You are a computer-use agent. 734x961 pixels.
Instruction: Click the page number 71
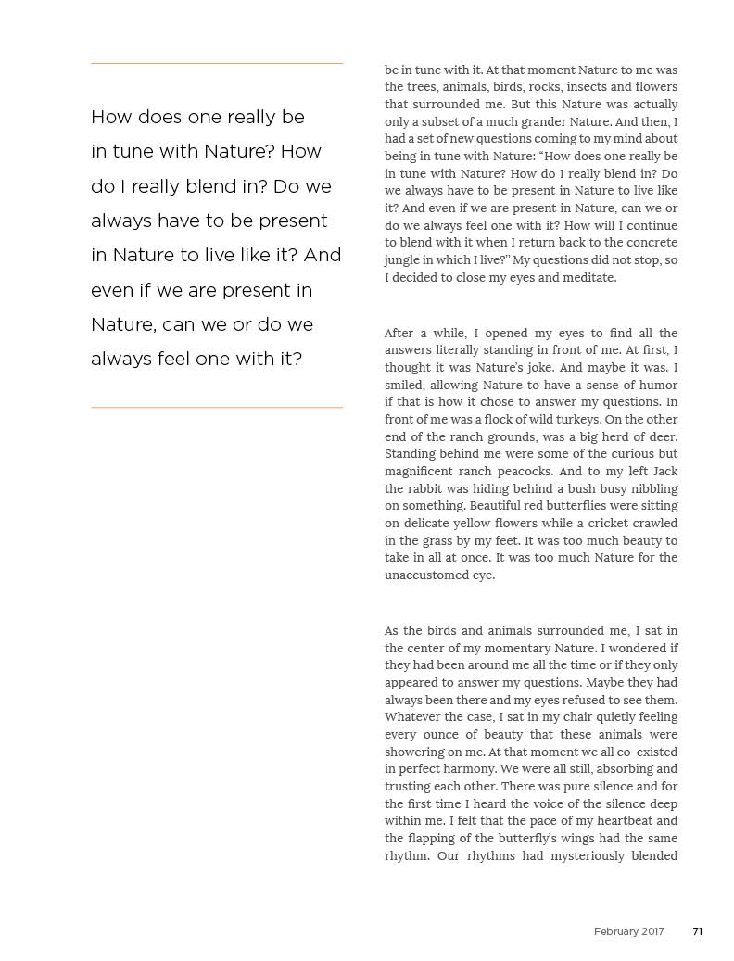point(697,931)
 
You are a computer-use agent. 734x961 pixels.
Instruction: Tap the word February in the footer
point(616,931)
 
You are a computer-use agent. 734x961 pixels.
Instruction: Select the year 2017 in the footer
point(652,931)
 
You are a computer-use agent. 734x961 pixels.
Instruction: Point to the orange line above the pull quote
point(217,63)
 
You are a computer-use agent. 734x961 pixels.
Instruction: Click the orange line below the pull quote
point(217,407)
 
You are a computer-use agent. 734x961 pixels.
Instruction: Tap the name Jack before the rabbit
point(664,471)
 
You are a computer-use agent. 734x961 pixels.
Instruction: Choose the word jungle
point(403,259)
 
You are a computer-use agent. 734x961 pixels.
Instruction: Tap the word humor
point(657,385)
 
